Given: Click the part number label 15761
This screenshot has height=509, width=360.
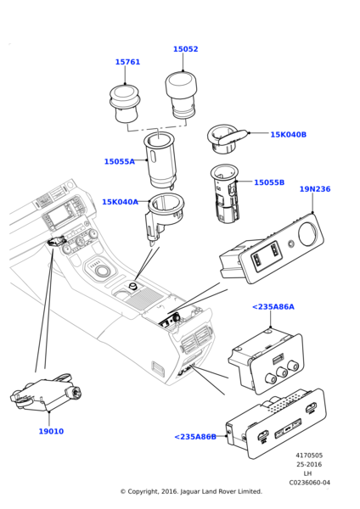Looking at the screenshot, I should [127, 62].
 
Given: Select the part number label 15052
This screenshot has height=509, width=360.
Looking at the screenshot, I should [185, 49].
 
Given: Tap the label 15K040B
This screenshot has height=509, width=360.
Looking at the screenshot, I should [288, 135].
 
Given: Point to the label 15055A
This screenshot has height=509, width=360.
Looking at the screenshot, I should [119, 161].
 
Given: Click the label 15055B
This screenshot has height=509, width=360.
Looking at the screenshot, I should [269, 182].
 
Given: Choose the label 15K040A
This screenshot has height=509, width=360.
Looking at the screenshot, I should [120, 202].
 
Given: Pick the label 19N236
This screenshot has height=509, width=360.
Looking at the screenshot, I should [314, 189].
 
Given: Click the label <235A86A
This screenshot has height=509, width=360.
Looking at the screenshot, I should [273, 307].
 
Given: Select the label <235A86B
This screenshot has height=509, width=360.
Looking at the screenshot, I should [194, 437].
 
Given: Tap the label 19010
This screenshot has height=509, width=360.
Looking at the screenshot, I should [51, 431].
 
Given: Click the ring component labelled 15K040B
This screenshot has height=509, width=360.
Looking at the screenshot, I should [227, 137].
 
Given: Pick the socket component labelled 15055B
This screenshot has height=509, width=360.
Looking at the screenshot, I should [227, 194].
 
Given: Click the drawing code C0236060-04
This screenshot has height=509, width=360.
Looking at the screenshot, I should [309, 483].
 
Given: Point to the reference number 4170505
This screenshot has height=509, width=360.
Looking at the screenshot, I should [309, 456].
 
